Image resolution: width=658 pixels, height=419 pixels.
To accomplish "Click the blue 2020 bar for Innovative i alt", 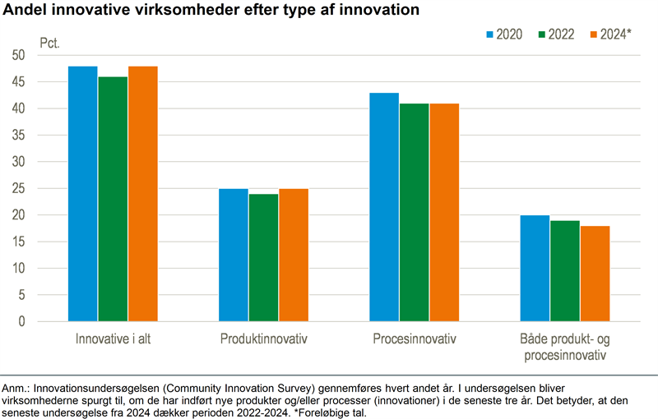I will point(83,194).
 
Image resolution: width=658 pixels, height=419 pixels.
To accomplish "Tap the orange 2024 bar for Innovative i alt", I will point(142,194).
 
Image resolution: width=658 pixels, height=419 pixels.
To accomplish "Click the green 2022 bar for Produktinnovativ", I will point(263,258).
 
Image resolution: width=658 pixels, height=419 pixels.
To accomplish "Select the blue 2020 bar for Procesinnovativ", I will point(384,207).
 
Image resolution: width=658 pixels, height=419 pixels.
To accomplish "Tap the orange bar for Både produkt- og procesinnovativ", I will point(595,274).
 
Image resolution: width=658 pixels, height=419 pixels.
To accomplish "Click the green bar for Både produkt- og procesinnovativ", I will point(565,271).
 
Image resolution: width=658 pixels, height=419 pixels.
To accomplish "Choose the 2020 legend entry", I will point(504,35).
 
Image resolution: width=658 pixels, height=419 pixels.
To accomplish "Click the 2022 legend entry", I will point(556,35).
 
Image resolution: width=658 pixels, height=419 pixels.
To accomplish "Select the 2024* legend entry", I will point(610,35).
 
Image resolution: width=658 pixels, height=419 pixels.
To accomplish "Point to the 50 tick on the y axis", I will point(19,55).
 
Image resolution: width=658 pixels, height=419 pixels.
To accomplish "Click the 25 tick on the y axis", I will point(19,188).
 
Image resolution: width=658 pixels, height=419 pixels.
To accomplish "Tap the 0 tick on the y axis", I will point(22,321).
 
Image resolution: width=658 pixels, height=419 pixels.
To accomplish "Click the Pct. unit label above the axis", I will point(50,41).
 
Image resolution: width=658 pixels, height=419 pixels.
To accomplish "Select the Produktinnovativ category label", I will point(263,339).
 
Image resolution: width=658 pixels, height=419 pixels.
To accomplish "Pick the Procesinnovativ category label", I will point(414,339).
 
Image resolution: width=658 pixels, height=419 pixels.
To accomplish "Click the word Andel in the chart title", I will point(26,11).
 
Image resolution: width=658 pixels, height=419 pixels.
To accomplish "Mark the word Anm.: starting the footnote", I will point(16,386).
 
